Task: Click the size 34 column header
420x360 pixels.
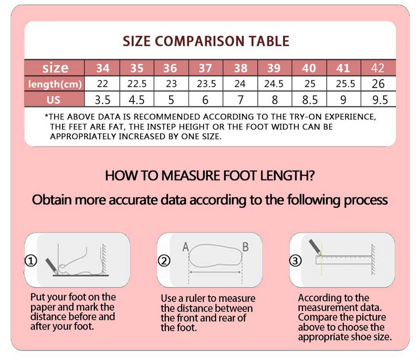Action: (x=102, y=68)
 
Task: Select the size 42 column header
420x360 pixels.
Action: (x=378, y=68)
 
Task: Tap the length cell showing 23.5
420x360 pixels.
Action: (x=206, y=84)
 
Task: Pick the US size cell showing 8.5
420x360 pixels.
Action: (x=310, y=100)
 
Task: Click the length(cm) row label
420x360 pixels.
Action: (x=55, y=84)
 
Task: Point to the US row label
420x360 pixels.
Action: (x=54, y=100)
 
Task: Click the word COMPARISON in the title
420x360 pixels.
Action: (x=199, y=41)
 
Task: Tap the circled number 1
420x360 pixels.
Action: (x=31, y=260)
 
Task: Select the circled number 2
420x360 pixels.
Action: (x=164, y=260)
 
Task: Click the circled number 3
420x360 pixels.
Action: (x=296, y=260)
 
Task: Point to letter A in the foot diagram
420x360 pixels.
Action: (x=185, y=247)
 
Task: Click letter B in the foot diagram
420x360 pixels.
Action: (x=245, y=247)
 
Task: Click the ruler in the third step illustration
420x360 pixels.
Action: (x=344, y=260)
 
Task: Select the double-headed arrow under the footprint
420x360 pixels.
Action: (x=215, y=272)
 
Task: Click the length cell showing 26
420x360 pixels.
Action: (x=378, y=84)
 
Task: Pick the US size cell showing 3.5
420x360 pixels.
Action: (x=102, y=100)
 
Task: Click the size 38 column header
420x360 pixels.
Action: (x=240, y=68)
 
